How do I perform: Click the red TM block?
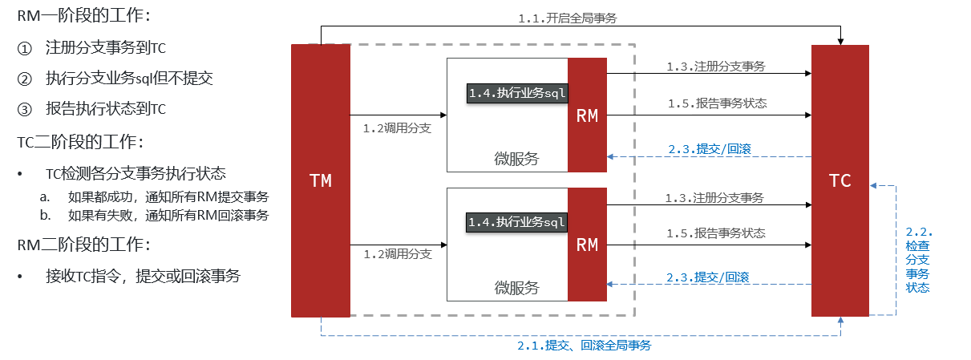(x=321, y=180)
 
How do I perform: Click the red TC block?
(x=840, y=180)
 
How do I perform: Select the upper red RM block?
(x=587, y=115)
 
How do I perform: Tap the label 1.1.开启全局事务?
(x=580, y=18)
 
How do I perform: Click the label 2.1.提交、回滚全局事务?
(x=584, y=346)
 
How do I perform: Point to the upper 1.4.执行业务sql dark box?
(x=517, y=93)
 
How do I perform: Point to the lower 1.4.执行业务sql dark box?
(x=517, y=222)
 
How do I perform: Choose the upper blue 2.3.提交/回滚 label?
(x=709, y=148)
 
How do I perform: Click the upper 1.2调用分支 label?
(x=397, y=127)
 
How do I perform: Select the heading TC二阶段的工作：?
(x=79, y=142)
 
